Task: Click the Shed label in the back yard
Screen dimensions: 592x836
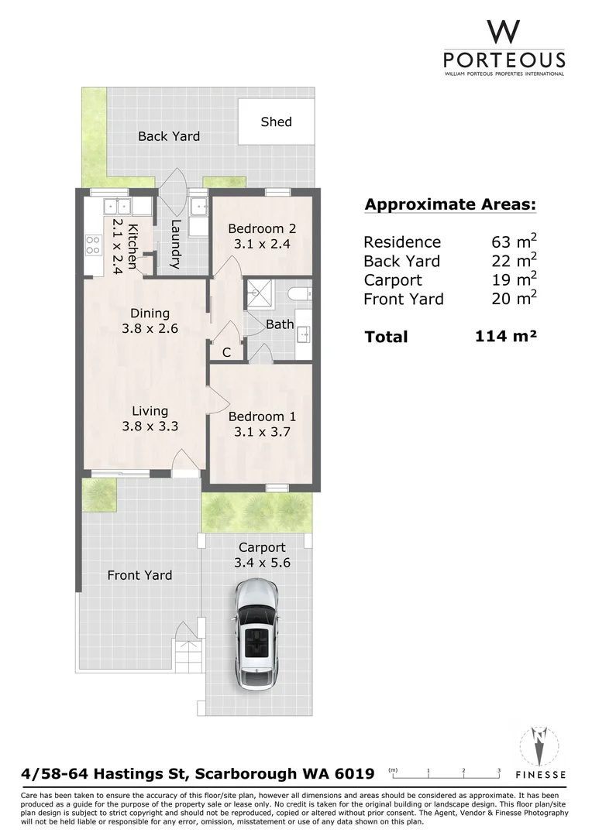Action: (x=276, y=122)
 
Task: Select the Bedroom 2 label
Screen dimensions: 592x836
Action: (x=262, y=228)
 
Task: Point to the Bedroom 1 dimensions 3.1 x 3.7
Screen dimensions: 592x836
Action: (x=262, y=432)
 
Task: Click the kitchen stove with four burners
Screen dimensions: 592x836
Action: (x=93, y=245)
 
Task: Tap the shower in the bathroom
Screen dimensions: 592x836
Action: (x=259, y=293)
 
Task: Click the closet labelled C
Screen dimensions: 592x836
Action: (x=226, y=352)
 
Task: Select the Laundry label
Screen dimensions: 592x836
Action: (x=176, y=244)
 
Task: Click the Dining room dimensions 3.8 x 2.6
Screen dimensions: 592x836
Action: (x=150, y=328)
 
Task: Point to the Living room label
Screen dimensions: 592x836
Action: (x=150, y=410)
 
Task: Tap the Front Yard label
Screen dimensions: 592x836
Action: (x=139, y=574)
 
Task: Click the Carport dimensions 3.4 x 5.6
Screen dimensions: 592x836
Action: (x=262, y=563)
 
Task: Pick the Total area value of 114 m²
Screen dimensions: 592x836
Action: (x=505, y=336)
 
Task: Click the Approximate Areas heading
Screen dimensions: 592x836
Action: (x=450, y=204)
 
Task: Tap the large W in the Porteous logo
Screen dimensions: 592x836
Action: (x=504, y=32)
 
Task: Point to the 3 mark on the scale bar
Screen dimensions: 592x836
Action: (x=498, y=770)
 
